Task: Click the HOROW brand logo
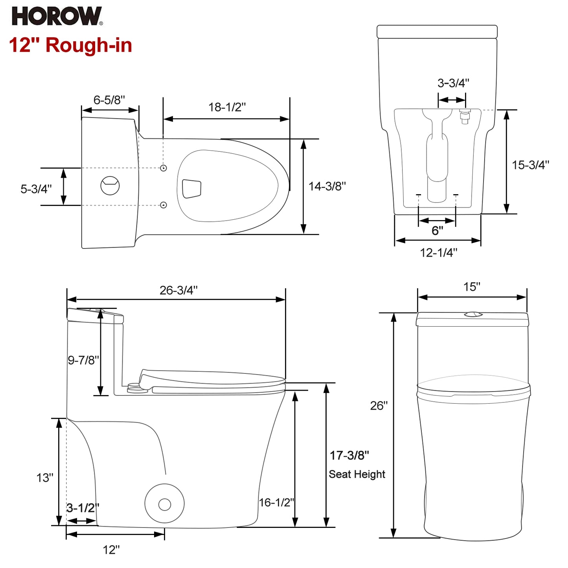[x=57, y=17]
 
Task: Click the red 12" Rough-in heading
[x=70, y=45]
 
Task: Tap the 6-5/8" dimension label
[x=109, y=100]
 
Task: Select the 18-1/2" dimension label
[x=227, y=107]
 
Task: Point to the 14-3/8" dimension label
[x=327, y=186]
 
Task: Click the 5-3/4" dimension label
[x=36, y=189]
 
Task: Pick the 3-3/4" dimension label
[x=453, y=83]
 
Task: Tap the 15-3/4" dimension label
[x=530, y=165]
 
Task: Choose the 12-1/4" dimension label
[x=438, y=253]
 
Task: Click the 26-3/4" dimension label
[x=178, y=290]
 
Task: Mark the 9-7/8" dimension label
[x=83, y=360]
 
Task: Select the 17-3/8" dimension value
[x=349, y=455]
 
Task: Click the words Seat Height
[x=357, y=474]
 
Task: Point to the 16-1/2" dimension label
[x=276, y=502]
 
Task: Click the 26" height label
[x=379, y=406]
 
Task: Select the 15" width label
[x=472, y=287]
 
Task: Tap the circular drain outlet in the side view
[x=164, y=504]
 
